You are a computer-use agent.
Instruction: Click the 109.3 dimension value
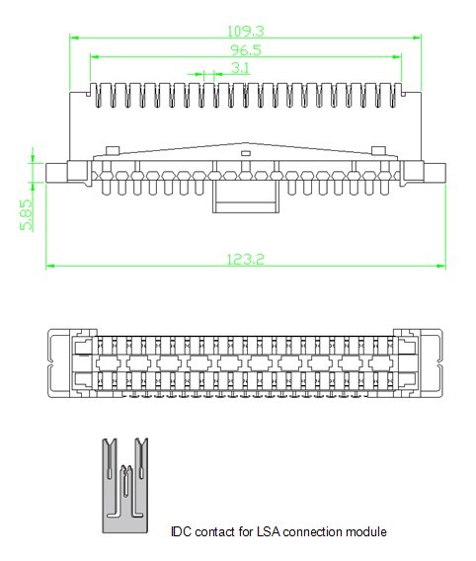click(246, 31)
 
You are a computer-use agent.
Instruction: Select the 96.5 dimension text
click(246, 48)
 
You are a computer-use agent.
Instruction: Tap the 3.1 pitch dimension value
click(240, 67)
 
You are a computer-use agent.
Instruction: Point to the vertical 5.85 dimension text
click(27, 214)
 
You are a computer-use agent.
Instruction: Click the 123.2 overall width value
click(247, 259)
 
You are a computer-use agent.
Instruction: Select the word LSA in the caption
click(270, 531)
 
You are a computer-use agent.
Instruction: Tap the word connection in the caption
click(315, 531)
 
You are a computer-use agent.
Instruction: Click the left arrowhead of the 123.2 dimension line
click(50, 266)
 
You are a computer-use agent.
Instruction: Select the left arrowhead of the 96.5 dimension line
click(94, 56)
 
